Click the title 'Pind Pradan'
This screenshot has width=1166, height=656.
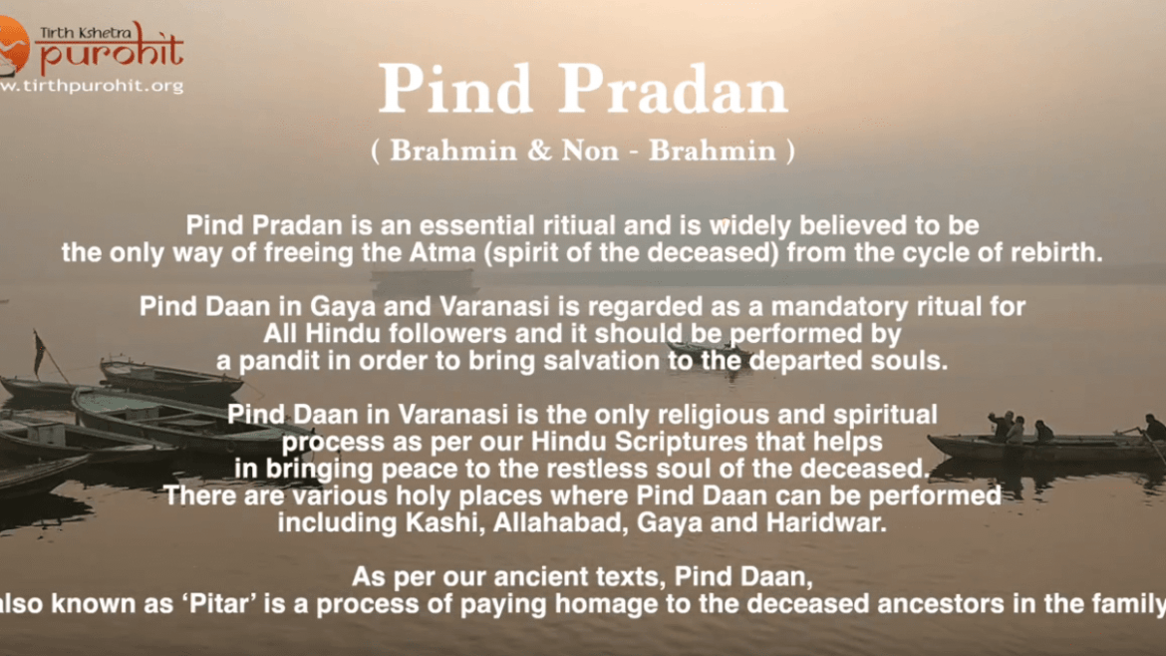pos(583,90)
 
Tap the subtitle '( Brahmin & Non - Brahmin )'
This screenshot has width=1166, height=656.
pos(583,151)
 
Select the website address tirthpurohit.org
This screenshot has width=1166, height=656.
pos(92,86)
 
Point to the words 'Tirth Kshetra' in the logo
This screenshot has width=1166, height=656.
pos(86,32)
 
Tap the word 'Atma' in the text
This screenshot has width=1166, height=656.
pos(442,253)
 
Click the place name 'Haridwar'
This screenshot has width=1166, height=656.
pos(826,522)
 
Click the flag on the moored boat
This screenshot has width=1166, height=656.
pos(39,353)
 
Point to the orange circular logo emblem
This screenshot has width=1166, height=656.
pos(13,46)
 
